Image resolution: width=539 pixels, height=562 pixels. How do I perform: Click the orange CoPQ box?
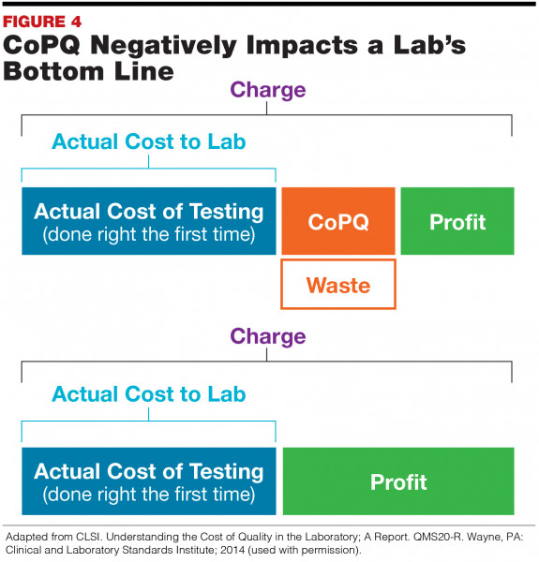tap(338, 221)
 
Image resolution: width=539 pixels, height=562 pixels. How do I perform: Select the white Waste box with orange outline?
tap(338, 283)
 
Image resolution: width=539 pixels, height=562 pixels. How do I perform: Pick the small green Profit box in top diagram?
tap(457, 221)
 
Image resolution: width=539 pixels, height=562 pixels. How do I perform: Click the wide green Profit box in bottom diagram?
tap(398, 481)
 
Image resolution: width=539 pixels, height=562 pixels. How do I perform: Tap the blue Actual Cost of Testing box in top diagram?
tap(149, 221)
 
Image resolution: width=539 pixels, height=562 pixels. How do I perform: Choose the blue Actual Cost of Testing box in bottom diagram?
tap(149, 481)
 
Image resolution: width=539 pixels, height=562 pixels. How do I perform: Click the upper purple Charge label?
tap(268, 91)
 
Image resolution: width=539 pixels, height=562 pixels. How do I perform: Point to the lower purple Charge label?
tap(268, 336)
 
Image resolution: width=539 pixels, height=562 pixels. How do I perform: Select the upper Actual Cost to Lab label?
tap(149, 142)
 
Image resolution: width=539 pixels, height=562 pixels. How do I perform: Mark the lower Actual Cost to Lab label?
tap(149, 394)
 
